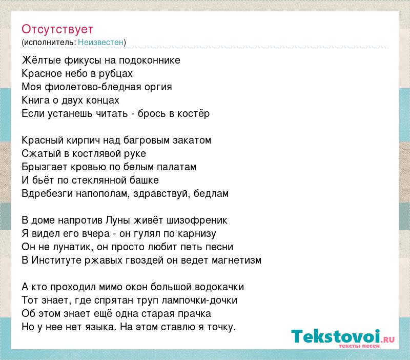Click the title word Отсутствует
57,29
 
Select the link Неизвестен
100,43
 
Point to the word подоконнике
150,61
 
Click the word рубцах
116,74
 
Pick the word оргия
158,87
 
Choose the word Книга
35,100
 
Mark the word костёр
194,113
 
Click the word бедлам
211,194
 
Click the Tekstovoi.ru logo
343,338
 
